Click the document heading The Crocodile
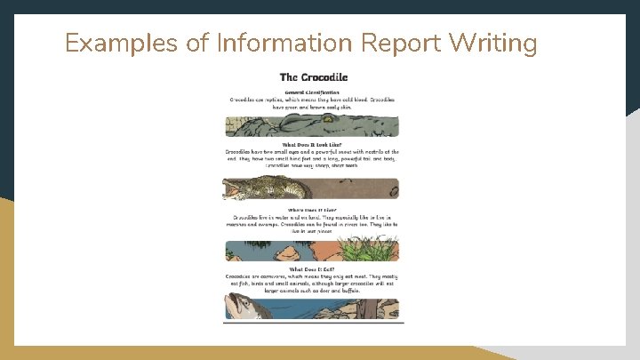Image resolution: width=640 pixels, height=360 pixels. point(313,78)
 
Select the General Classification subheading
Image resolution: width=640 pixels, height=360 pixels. point(312,92)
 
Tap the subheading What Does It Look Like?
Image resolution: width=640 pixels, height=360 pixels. point(312,144)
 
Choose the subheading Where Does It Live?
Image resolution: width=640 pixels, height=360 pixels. point(312,210)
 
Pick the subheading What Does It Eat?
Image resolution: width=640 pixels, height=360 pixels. point(312,268)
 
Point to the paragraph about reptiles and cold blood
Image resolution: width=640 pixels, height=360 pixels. point(312,103)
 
